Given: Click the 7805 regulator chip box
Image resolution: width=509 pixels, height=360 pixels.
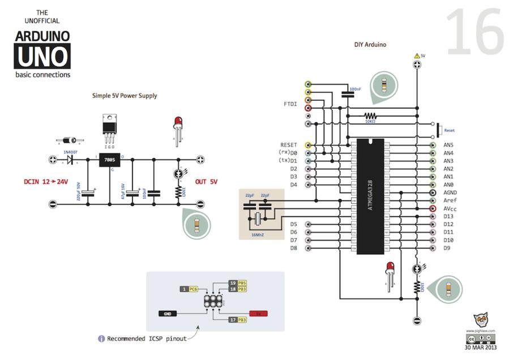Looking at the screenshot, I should [109, 161].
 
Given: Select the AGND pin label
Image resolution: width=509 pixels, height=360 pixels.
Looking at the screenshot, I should [450, 192].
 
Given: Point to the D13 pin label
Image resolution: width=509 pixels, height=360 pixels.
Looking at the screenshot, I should [448, 216].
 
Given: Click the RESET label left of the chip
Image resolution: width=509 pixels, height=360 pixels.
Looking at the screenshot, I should [289, 145].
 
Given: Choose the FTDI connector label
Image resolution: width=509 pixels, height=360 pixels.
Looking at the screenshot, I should [290, 104].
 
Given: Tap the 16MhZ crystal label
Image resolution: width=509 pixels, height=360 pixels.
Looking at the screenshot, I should [259, 233].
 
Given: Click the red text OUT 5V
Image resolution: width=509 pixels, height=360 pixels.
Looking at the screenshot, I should [206, 182].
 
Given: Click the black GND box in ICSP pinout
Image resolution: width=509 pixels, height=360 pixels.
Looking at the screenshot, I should [167, 312].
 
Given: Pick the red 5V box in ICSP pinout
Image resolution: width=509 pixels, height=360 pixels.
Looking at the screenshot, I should [258, 312].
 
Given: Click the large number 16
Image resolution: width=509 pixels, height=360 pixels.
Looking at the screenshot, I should [474, 32].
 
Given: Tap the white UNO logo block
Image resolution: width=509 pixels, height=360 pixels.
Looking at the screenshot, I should [43, 57].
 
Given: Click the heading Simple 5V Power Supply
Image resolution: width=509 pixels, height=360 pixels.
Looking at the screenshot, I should [125, 96].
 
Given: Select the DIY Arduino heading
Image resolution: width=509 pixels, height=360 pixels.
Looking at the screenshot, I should [370, 44].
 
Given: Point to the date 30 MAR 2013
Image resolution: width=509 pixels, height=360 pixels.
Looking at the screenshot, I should [480, 348].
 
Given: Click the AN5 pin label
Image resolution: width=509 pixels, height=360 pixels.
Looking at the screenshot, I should [448, 145].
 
